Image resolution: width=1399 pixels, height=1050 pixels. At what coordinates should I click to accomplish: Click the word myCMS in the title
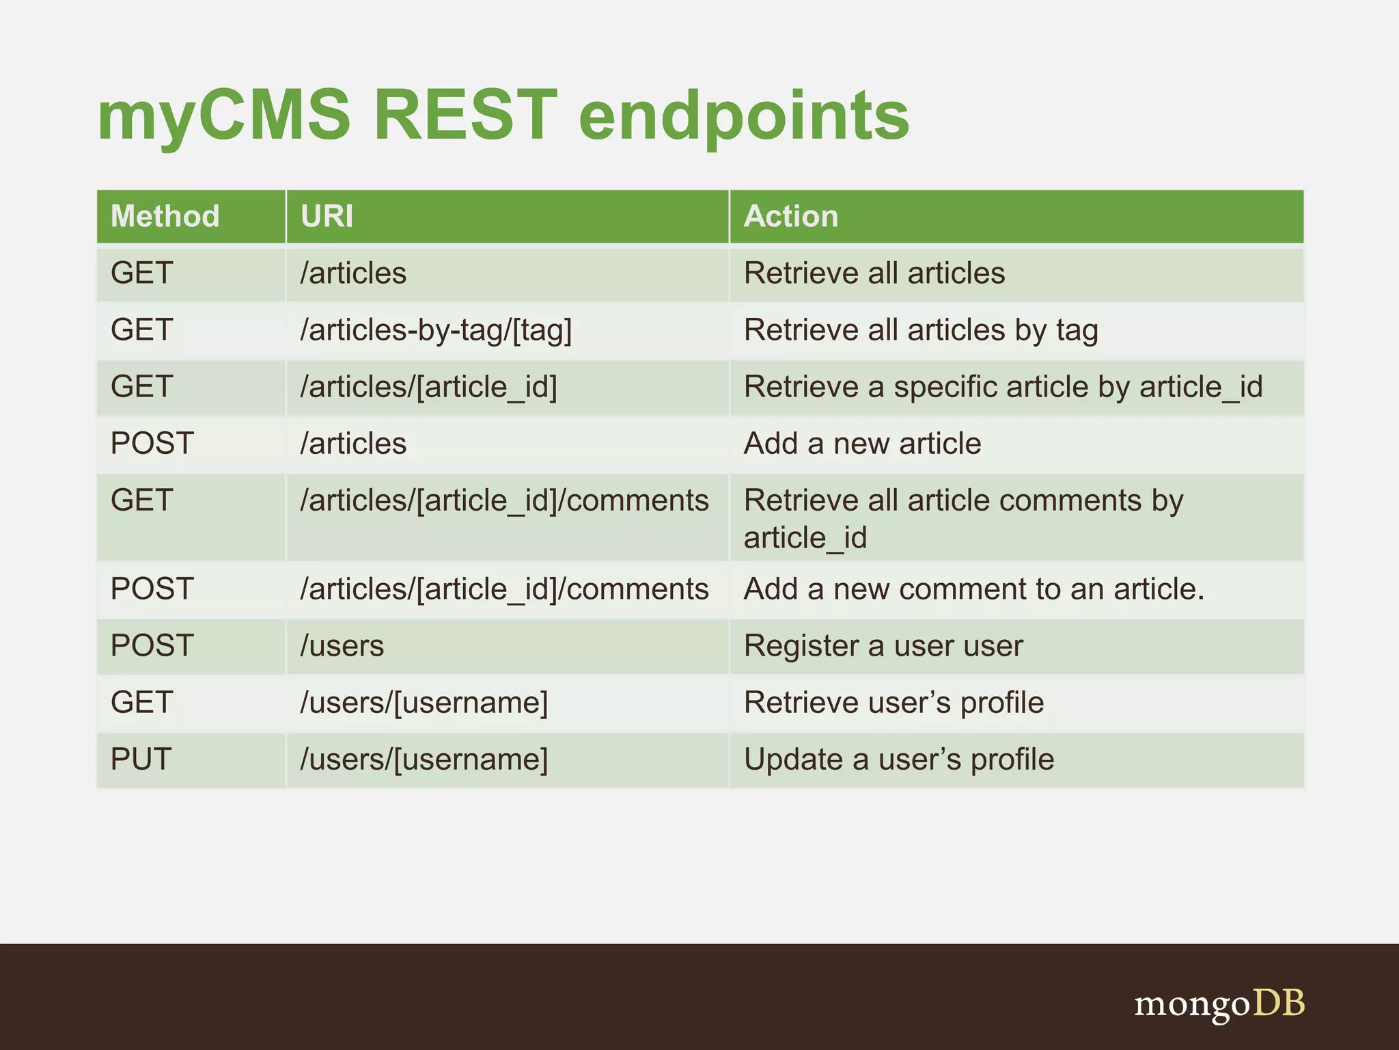click(x=223, y=116)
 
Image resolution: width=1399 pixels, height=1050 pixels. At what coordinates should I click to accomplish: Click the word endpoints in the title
click(x=744, y=116)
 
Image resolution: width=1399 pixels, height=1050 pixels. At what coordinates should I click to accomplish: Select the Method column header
click(x=165, y=216)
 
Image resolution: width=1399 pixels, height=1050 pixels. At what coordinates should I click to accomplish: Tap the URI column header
click(x=327, y=216)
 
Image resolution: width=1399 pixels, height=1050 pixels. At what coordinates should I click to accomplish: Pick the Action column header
click(x=790, y=216)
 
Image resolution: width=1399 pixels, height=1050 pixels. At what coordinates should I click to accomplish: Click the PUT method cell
click(x=141, y=759)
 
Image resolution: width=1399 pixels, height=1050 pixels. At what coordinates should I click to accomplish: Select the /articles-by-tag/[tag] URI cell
click(x=436, y=330)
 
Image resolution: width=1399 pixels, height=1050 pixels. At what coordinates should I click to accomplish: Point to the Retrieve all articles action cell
click(x=874, y=273)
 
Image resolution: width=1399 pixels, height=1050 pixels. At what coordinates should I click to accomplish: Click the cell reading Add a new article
click(x=862, y=444)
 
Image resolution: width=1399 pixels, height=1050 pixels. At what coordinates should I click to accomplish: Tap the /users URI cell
click(x=342, y=646)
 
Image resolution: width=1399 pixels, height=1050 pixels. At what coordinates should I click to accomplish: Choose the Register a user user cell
click(x=883, y=646)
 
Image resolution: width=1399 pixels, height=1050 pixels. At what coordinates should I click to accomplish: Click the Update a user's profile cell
click(x=898, y=759)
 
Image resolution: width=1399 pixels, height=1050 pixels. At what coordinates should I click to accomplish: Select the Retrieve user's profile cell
click(x=894, y=703)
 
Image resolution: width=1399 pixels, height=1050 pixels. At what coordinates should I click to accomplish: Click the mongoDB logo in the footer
click(x=1219, y=1004)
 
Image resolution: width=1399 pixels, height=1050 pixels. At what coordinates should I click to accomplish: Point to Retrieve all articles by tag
click(x=920, y=330)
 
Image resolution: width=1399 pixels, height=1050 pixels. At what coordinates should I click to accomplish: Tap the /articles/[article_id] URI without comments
click(x=429, y=387)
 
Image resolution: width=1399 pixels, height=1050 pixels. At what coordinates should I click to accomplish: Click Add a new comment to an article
click(x=973, y=589)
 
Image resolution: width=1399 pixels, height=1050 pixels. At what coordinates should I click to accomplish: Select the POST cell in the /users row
click(x=152, y=646)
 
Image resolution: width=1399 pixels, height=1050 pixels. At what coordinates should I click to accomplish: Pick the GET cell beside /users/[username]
click(x=141, y=703)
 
